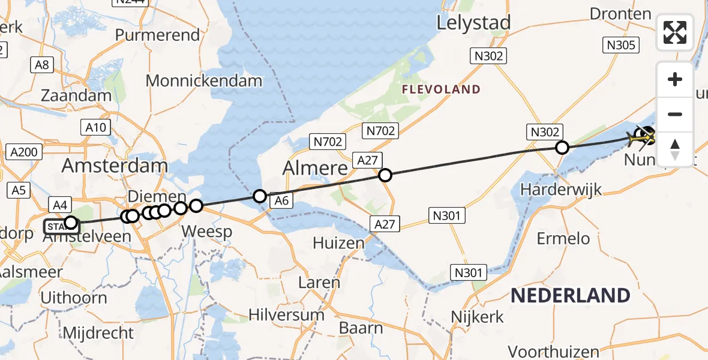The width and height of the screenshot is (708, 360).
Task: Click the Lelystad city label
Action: [x=474, y=23]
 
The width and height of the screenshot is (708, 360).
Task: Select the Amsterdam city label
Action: [x=115, y=166]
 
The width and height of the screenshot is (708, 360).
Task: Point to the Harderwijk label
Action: [x=561, y=190]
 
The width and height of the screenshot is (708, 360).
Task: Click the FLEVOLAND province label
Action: [x=442, y=90]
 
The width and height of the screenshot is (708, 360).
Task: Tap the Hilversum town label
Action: [x=287, y=314]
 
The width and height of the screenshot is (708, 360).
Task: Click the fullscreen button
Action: [x=675, y=32]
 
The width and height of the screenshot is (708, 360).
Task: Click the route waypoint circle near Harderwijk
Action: [x=562, y=147]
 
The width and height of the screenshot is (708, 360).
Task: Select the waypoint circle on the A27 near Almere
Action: [x=385, y=175]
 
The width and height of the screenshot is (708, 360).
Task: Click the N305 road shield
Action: [x=622, y=45]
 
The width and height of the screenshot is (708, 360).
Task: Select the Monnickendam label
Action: [x=204, y=81]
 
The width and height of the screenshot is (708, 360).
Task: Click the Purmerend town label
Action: [x=157, y=35]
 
